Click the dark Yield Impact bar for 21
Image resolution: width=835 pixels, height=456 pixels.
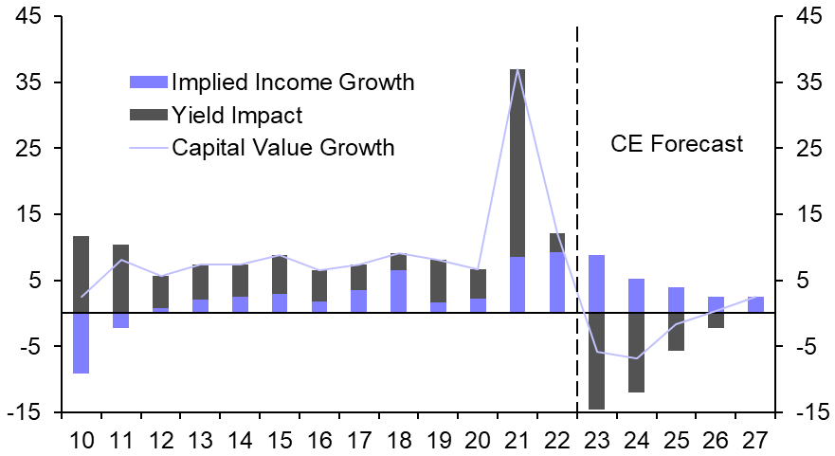[517, 161]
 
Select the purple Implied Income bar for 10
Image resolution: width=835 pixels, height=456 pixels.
[81, 342]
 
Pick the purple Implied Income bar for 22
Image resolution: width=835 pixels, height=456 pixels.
[557, 282]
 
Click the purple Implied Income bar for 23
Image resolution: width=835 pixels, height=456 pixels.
[597, 283]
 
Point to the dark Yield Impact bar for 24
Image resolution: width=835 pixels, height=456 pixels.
[637, 352]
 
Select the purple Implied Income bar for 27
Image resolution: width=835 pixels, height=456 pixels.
[755, 304]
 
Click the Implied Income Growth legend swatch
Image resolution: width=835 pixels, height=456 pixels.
[147, 82]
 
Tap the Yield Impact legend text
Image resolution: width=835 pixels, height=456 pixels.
[237, 116]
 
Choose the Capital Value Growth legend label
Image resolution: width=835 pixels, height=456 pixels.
[282, 148]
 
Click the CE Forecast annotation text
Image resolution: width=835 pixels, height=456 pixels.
[677, 144]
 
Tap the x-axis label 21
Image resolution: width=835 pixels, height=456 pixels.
[517, 440]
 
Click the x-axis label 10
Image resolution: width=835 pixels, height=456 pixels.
[81, 440]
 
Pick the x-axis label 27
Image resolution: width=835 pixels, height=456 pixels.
[755, 440]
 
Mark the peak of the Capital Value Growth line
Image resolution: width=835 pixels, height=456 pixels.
[517, 70]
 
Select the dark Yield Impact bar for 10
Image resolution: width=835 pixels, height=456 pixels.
[81, 274]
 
